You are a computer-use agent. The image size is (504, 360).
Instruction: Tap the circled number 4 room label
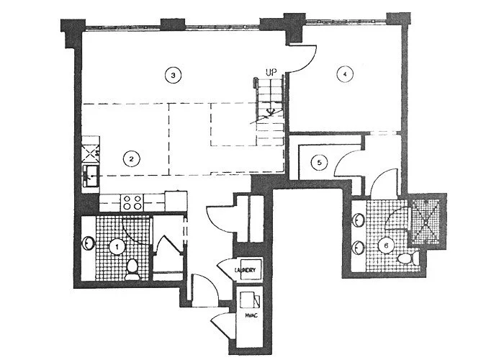346,74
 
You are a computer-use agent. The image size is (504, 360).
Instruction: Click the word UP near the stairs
271,73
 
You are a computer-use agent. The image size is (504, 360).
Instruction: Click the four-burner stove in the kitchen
131,202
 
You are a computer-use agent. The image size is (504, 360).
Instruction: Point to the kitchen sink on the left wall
91,174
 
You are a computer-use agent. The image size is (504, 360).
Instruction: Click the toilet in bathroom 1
132,269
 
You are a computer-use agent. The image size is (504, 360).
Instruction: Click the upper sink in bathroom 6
358,217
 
